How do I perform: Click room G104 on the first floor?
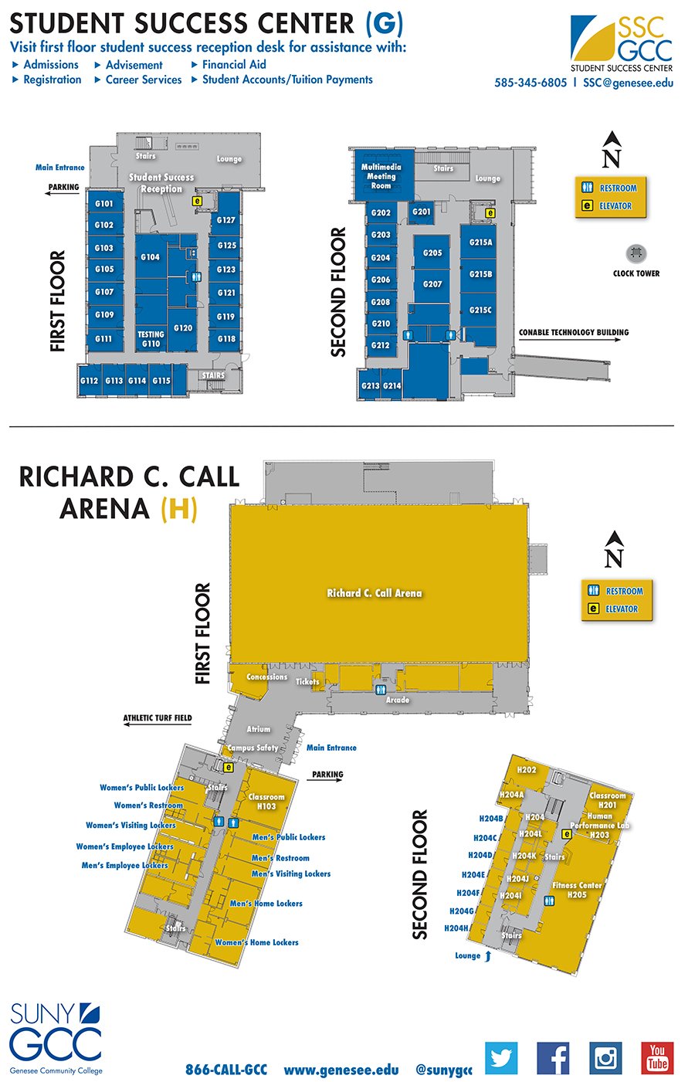click(151, 257)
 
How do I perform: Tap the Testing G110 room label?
click(151, 339)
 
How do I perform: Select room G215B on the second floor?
click(480, 274)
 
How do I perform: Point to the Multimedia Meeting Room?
click(381, 176)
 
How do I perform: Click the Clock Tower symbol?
click(636, 253)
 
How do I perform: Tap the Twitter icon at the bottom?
click(501, 1058)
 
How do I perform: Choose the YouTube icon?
click(657, 1058)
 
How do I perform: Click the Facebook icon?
click(553, 1058)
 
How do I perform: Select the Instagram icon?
click(605, 1058)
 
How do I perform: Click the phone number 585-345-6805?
click(531, 83)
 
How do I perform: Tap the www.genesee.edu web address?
click(341, 1070)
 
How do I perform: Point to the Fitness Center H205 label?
click(577, 890)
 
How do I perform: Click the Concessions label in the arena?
click(266, 677)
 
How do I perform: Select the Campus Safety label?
click(253, 748)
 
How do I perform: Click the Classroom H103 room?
click(266, 801)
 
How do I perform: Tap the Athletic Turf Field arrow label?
click(158, 718)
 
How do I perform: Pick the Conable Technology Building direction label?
click(574, 333)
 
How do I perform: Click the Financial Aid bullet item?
click(234, 65)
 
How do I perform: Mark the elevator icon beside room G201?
click(490, 212)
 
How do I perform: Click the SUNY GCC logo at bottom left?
click(56, 1036)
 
